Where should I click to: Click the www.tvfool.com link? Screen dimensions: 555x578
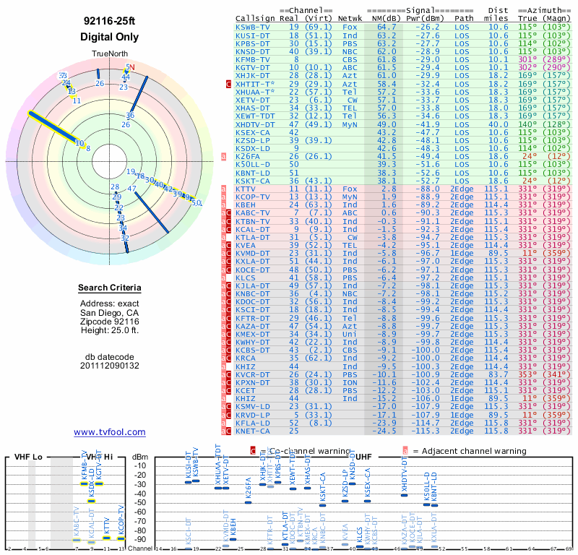pyautogui.click(x=109, y=432)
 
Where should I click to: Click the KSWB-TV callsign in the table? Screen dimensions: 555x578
pyautogui.click(x=253, y=27)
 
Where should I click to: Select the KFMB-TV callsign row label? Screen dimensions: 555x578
pyautogui.click(x=253, y=59)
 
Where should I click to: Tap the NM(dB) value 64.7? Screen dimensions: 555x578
pyautogui.click(x=386, y=27)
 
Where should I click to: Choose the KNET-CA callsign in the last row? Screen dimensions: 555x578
pyautogui.click(x=253, y=431)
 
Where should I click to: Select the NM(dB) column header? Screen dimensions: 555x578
pyautogui.click(x=385, y=18)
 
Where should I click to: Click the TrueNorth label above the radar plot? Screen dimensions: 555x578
pyautogui.click(x=109, y=54)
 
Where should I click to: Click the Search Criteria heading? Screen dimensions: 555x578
pyautogui.click(x=109, y=288)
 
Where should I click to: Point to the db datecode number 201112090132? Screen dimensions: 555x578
pyautogui.click(x=109, y=366)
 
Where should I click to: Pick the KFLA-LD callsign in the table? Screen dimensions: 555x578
pyautogui.click(x=253, y=423)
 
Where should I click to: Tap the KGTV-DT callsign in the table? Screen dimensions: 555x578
pyautogui.click(x=253, y=67)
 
